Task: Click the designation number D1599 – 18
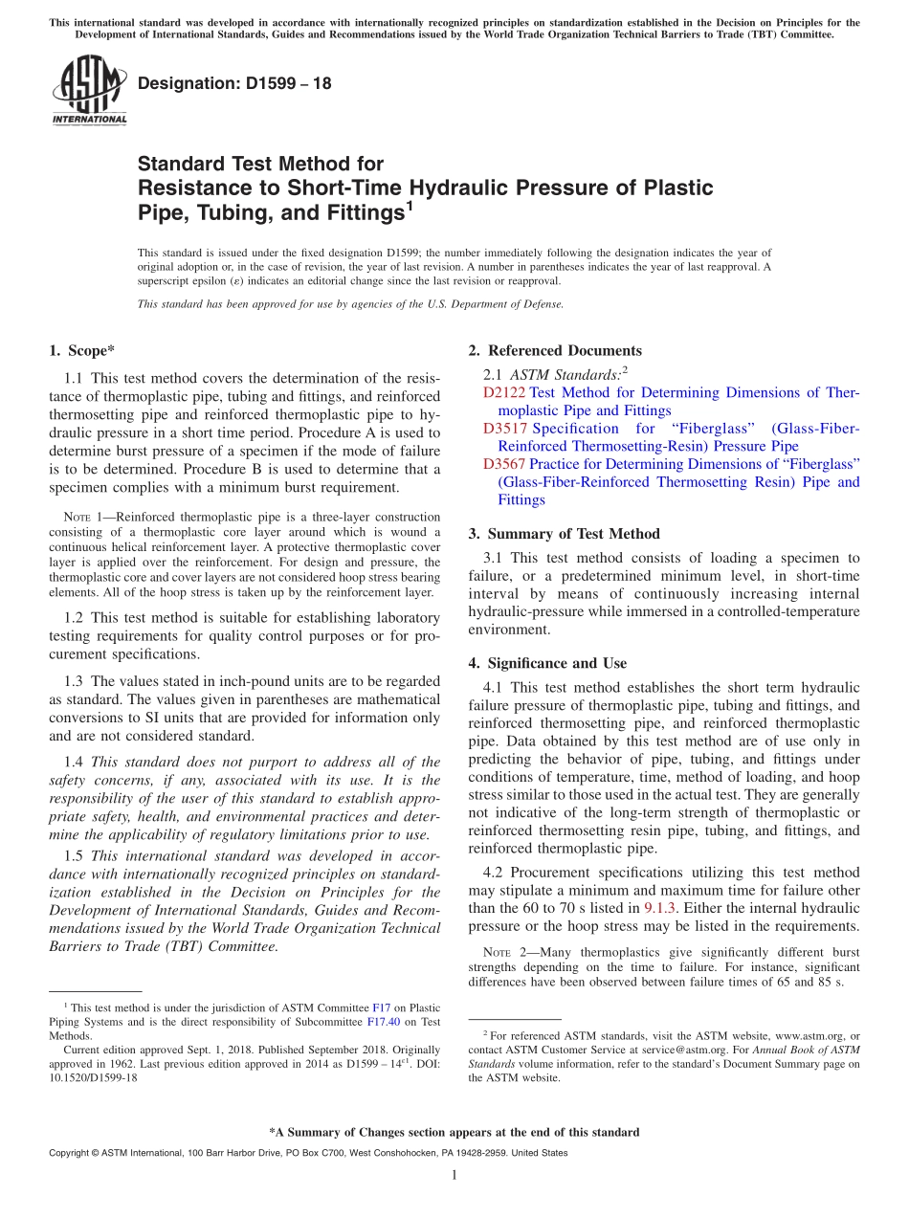[x=234, y=83]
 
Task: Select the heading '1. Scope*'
[x=82, y=350]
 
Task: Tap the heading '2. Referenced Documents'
[x=555, y=350]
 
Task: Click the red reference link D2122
[x=504, y=392]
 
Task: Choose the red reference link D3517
[x=505, y=429]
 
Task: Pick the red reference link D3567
[x=505, y=464]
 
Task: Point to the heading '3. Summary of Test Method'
[x=564, y=534]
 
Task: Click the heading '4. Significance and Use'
[x=547, y=663]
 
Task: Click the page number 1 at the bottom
[x=454, y=1175]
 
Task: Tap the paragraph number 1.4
[x=74, y=763]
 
